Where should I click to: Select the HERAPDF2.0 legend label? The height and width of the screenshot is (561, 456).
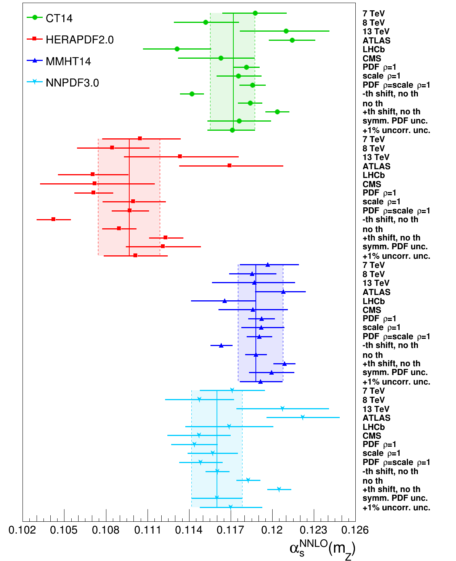pos(79,40)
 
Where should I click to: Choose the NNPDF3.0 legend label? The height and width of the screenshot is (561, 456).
pos(72,83)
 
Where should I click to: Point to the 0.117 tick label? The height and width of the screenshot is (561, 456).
pos(231,530)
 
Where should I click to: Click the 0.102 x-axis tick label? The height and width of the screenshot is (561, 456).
pos(22,530)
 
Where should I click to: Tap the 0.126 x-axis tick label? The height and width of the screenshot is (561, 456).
pos(355,530)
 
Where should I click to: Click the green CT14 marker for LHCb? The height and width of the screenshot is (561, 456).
pos(177,49)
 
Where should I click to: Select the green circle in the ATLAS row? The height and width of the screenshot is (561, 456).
pos(292,40)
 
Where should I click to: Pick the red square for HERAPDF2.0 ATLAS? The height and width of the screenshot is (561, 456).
pos(230,166)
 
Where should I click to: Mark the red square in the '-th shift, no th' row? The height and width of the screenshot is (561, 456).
pos(53,219)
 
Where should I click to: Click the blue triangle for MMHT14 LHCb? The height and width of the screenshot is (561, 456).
pos(225,301)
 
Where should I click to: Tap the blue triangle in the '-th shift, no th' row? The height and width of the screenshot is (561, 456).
pos(221,345)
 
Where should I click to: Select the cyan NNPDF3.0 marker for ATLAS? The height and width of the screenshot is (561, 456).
pos(303,417)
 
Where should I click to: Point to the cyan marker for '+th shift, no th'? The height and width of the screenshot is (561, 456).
pos(279,489)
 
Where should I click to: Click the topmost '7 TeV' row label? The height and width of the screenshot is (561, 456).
pos(374,14)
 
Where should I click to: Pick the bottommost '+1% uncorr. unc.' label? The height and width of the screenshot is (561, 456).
pos(396,508)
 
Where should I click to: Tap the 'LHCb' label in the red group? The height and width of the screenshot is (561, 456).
pos(374,175)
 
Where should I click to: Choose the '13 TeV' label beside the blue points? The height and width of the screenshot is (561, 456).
pos(376,283)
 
